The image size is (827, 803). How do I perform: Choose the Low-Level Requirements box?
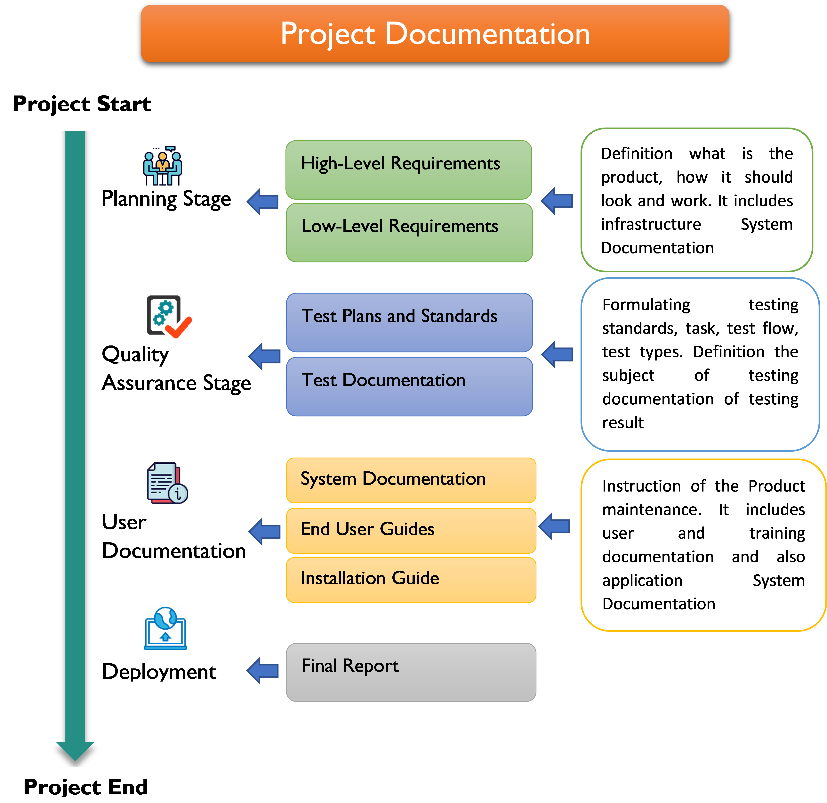[409, 232]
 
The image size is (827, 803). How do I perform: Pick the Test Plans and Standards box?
[409, 322]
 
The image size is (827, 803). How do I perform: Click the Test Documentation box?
[409, 386]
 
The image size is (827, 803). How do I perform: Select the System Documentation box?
[411, 480]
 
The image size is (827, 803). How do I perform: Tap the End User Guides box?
[411, 530]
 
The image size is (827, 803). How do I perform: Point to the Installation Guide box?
[411, 580]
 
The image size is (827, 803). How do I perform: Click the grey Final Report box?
[411, 672]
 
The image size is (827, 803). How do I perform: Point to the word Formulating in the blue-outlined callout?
[646, 305]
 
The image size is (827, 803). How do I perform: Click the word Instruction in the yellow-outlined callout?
[641, 486]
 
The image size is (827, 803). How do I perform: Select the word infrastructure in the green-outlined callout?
[651, 224]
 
